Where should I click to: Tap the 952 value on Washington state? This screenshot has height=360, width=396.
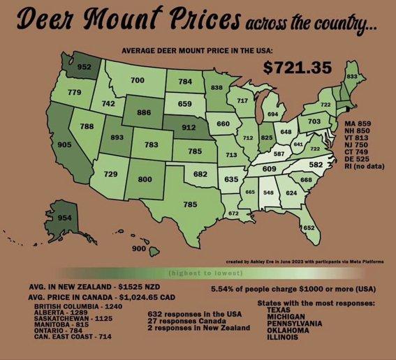[85, 68]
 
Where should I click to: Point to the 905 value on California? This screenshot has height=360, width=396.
[45, 144]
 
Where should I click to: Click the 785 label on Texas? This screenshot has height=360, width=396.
[190, 204]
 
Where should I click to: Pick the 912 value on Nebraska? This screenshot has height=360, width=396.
[188, 128]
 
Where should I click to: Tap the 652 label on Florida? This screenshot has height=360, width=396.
[309, 228]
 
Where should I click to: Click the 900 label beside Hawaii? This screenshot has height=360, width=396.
[138, 248]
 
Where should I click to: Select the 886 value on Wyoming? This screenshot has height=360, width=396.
[145, 112]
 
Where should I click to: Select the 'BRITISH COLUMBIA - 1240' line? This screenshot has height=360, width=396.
[73, 307]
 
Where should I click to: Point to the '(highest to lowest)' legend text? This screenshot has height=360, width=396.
[197, 272]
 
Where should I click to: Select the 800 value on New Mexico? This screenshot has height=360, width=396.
[145, 179]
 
